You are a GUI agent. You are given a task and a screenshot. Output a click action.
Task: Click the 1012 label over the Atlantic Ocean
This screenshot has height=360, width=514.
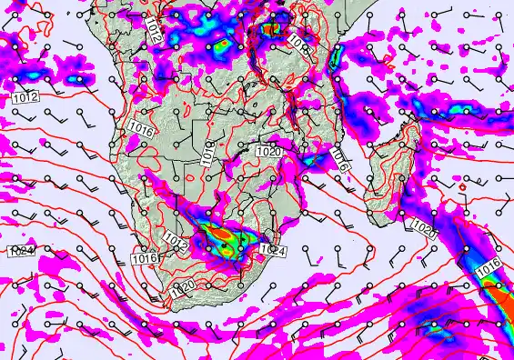point(25,97)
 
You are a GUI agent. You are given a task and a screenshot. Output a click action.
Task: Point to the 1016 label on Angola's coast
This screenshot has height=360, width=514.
point(140,126)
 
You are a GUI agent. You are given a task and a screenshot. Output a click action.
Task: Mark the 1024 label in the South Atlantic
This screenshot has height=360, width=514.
point(21,250)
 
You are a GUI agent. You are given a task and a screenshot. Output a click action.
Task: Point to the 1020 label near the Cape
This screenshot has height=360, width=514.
point(183,288)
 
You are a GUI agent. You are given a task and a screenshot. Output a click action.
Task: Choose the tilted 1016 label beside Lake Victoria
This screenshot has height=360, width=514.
point(297,42)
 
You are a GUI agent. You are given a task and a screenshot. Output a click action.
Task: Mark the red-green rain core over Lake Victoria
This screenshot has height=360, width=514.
point(272,29)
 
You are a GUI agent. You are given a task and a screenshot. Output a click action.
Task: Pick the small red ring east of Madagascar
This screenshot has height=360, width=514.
point(463,188)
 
